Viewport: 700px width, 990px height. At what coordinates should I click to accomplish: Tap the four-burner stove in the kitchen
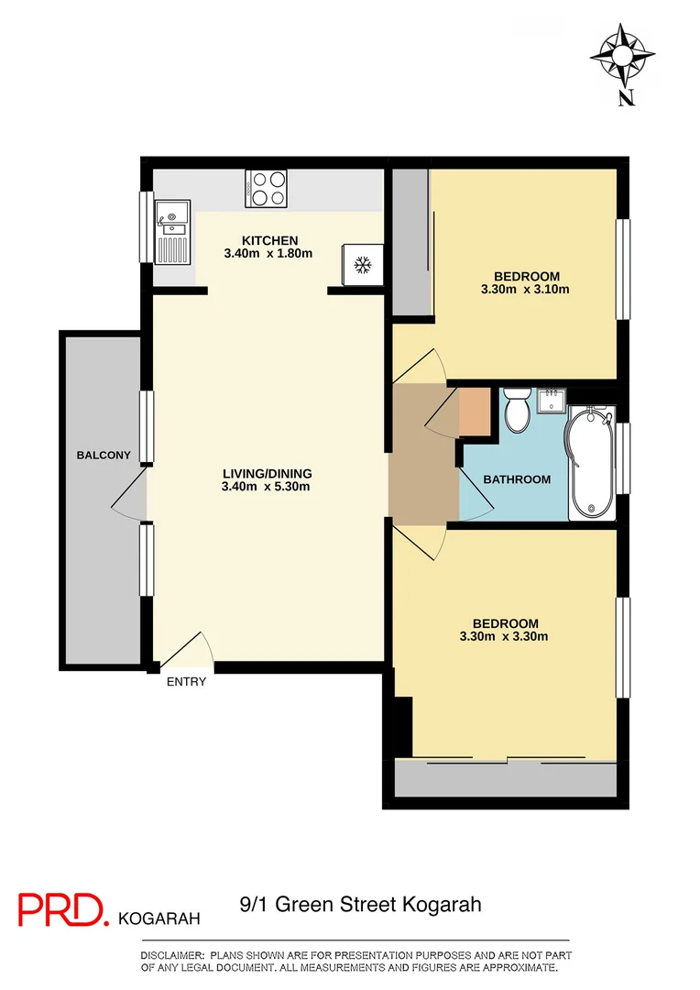[x=266, y=189]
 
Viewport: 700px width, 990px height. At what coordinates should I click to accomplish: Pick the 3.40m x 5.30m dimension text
[x=267, y=487]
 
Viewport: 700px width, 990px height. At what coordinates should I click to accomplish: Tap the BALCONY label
[x=104, y=456]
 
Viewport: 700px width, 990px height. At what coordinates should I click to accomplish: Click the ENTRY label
[x=186, y=682]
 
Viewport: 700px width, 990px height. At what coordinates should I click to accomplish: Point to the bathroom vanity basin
[x=552, y=401]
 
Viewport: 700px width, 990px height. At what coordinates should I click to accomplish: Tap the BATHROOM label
[x=517, y=479]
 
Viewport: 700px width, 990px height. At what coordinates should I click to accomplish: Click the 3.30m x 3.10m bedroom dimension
[x=526, y=290]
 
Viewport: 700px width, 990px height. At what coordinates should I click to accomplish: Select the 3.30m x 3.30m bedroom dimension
[x=503, y=636]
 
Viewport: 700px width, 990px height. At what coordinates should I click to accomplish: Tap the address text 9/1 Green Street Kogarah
[x=359, y=906]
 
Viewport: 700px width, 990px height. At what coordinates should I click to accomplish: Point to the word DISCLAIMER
[x=173, y=955]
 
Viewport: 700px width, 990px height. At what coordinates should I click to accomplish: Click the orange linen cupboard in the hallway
[x=476, y=412]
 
